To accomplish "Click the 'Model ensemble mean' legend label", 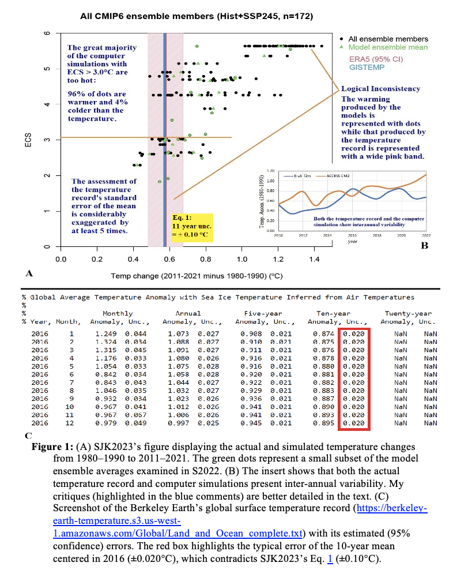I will [392, 47].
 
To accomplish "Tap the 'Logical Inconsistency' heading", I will [380, 89].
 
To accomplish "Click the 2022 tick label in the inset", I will [426, 236].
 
